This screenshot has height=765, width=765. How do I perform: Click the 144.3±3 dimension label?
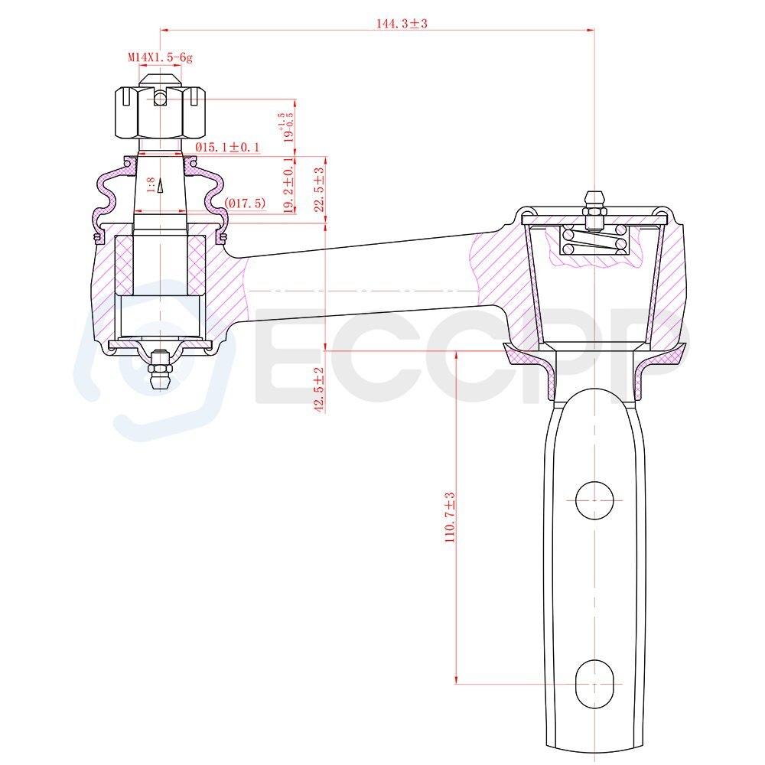coord(402,24)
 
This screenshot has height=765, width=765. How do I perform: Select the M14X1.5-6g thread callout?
coord(161,57)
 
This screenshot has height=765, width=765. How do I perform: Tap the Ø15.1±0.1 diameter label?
coord(227,147)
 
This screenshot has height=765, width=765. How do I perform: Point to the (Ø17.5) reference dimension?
coord(245,203)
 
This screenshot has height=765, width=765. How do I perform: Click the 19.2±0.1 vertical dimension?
coord(289,185)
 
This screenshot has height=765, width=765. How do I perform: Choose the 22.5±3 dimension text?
coord(319,190)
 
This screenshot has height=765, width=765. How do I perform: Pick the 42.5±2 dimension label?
coord(319,390)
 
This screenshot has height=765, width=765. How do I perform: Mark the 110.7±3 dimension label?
coord(449,518)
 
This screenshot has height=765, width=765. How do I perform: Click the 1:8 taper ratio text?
coord(151,185)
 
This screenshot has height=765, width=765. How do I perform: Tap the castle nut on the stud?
coord(160,112)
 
